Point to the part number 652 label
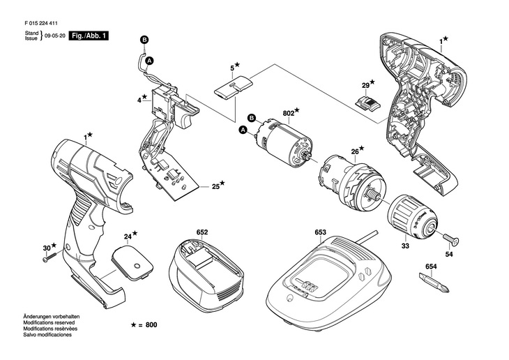click(x=202, y=231)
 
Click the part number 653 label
click(x=321, y=231)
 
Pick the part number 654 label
click(x=431, y=267)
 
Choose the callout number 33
click(x=404, y=245)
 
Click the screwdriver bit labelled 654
click(x=430, y=283)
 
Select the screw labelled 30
click(x=52, y=256)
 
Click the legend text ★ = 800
click(x=145, y=326)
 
